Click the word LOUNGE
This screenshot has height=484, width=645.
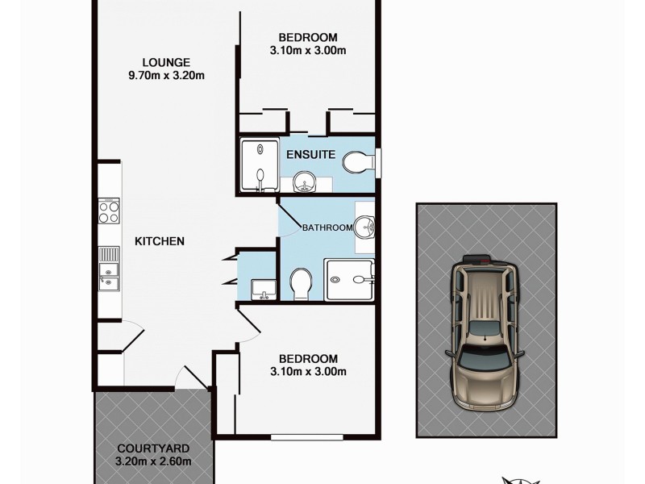tap(166, 62)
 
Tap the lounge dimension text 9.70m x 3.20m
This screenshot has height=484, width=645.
tap(166, 77)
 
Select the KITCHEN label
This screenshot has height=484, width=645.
tap(160, 241)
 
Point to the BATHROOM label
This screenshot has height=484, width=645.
tap(327, 227)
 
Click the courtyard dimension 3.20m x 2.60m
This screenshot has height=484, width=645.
tap(152, 462)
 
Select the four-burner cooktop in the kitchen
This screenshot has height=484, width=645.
tap(109, 211)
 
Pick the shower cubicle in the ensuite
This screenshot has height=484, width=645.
tap(258, 165)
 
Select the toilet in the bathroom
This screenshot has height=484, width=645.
tap(302, 283)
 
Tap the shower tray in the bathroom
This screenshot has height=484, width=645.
tap(349, 280)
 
